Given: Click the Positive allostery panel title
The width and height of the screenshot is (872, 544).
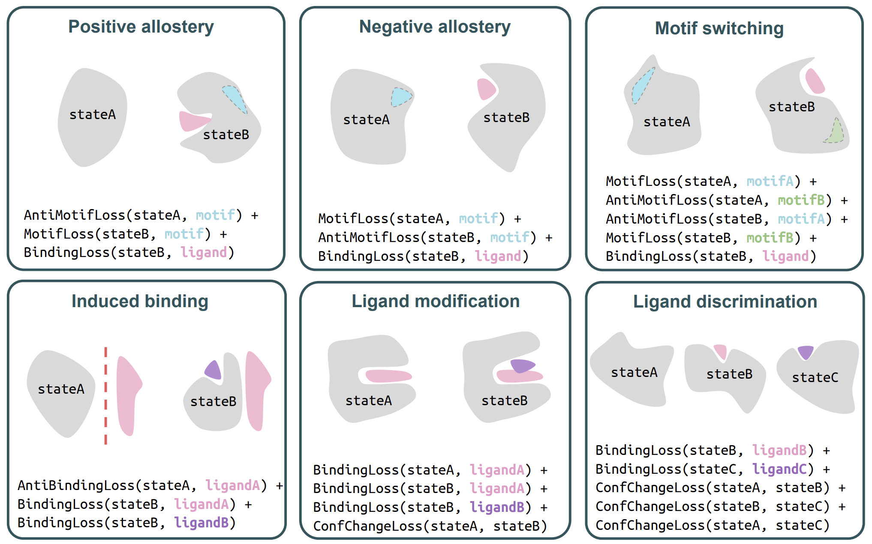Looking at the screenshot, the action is [x=141, y=27].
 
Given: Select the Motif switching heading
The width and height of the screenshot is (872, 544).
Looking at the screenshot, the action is [x=719, y=29].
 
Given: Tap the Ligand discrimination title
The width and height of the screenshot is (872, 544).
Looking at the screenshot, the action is [x=725, y=302].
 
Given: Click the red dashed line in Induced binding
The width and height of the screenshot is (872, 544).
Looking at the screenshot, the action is [x=105, y=396].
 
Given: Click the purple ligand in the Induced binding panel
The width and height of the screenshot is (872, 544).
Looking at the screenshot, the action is [x=213, y=370].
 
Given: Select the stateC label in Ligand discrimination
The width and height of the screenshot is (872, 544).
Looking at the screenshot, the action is [x=815, y=377].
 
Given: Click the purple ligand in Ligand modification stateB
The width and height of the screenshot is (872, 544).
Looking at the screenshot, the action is [x=522, y=366].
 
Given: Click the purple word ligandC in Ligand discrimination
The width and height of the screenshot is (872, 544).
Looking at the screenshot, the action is [x=779, y=469].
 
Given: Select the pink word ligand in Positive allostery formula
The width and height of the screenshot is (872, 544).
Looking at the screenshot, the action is [x=203, y=252].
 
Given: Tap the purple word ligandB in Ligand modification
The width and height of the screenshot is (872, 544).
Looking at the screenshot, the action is [x=497, y=507].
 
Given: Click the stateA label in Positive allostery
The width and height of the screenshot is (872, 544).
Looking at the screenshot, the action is [x=93, y=114].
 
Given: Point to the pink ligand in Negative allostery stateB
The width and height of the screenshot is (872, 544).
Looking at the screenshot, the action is [x=486, y=89].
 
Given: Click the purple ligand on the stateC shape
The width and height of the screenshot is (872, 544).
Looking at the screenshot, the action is [x=806, y=352].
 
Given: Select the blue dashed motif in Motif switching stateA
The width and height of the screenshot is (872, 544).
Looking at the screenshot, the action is [x=643, y=86].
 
